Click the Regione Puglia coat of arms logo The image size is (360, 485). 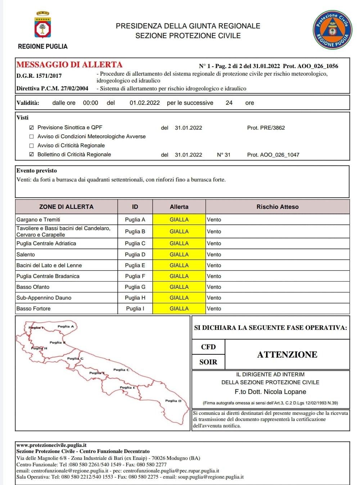42,25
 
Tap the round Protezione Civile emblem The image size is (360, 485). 332,30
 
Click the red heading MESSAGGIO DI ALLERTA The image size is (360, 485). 69,65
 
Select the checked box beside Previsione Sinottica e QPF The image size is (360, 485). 31,127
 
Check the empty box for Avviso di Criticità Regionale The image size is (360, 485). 31,145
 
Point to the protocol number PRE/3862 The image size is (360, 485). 266,128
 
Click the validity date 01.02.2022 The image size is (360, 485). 145,103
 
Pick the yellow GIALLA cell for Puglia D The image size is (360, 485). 179,255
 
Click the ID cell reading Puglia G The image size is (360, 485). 135,287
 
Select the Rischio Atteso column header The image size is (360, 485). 277,207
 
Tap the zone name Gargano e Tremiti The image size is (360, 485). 39,220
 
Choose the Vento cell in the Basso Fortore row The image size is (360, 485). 214,309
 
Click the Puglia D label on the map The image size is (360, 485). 173,401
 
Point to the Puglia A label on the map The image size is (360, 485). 66,327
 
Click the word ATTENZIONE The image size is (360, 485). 287,355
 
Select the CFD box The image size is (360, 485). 208,347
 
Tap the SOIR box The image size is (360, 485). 208,362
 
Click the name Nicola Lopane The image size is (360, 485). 285,392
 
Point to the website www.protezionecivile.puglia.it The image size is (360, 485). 51,445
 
